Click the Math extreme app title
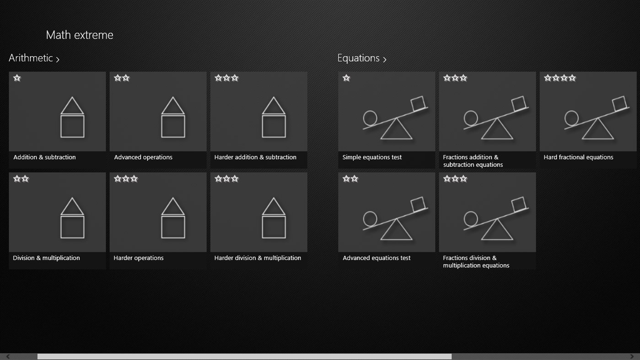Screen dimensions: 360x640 pos(80,35)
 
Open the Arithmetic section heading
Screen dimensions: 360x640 pos(34,58)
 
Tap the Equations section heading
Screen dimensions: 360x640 pos(361,58)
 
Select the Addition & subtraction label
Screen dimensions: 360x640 pos(44,157)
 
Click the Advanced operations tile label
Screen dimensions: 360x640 pos(143,157)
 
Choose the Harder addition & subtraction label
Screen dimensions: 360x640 pos(255,157)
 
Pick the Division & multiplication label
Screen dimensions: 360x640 pos(46,258)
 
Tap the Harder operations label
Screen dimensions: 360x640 pos(139,258)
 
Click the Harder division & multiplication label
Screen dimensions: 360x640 pos(258,258)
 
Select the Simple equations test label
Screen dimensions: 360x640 pos(372,157)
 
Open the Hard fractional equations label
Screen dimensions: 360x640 pos(578,157)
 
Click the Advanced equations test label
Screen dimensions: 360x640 pos(376,258)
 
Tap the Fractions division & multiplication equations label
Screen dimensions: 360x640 pos(476,262)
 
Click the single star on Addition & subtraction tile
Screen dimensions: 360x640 pos(17,78)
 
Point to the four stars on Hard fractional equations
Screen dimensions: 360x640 pos(560,78)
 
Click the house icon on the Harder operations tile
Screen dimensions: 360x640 pos(173,218)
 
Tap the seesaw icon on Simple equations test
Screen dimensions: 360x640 pos(395,118)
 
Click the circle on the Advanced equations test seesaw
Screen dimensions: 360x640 pos(370,219)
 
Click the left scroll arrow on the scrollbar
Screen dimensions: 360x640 pos(8,356)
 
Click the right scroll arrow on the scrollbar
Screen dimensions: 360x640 pos(632,356)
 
